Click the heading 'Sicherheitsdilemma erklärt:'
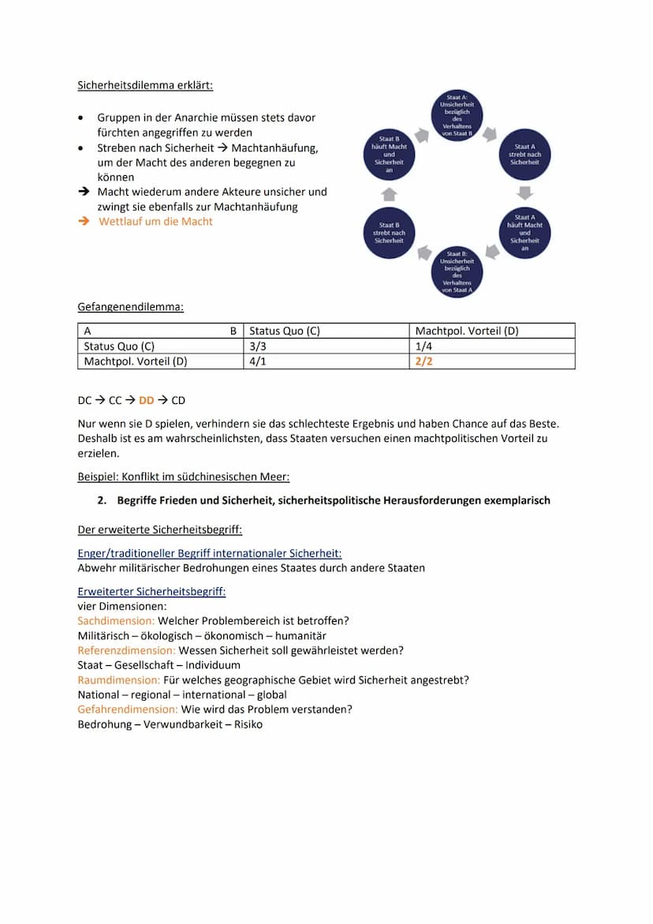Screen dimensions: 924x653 (145, 84)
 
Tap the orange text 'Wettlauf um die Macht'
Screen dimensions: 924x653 (155, 222)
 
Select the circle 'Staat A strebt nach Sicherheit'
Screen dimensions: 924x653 (524, 155)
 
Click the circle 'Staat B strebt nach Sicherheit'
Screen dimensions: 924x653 (389, 233)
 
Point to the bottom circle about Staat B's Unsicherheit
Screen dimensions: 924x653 (457, 271)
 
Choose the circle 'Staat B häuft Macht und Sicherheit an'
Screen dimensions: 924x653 (389, 155)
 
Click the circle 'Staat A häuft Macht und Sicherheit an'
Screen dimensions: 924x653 (524, 233)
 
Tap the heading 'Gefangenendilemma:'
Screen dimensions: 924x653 (130, 306)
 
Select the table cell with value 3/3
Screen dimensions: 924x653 (258, 346)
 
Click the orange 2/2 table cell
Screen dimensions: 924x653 (424, 361)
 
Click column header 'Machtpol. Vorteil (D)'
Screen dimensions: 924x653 (467, 331)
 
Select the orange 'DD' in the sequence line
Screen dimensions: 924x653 (147, 401)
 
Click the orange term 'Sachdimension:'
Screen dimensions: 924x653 (116, 621)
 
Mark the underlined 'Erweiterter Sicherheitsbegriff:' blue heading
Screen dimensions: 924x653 (151, 592)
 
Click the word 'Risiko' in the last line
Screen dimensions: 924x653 (245, 724)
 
